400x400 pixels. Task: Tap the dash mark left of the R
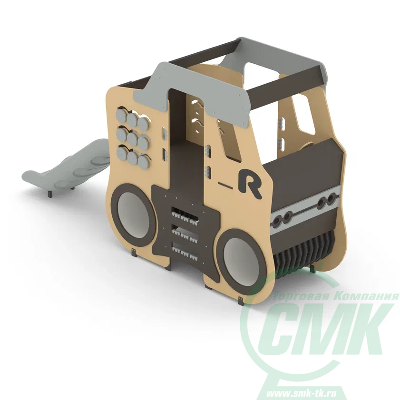click(x=225, y=185)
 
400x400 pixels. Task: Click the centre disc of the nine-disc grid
click(x=132, y=139)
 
